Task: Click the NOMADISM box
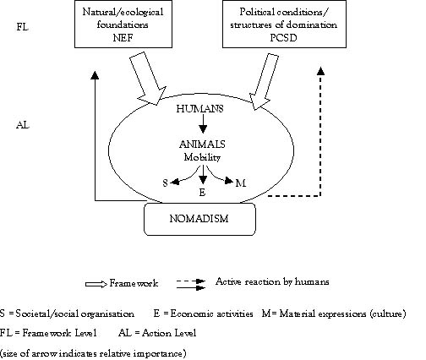(199, 219)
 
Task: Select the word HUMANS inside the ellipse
(199, 109)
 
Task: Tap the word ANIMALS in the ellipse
(202, 145)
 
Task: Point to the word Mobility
(202, 157)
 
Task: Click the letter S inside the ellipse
(165, 183)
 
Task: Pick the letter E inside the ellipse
(202, 193)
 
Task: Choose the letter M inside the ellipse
(241, 183)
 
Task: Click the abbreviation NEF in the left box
(123, 38)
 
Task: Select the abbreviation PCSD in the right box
(283, 38)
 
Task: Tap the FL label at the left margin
(23, 27)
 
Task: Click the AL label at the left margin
(23, 125)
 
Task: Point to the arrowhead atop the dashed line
(320, 71)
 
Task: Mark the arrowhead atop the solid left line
(96, 74)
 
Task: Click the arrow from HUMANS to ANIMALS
(203, 123)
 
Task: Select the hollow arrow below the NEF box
(147, 79)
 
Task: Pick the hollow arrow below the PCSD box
(264, 82)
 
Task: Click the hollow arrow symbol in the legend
(96, 284)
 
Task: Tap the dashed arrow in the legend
(191, 281)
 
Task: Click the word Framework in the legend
(134, 283)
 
